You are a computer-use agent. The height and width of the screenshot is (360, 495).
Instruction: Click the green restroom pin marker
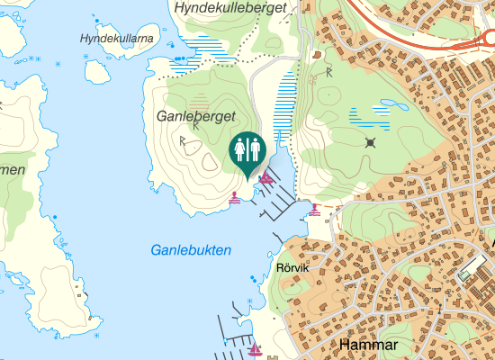coord(247,151)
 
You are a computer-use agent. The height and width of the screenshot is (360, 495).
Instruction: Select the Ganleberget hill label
coord(195,117)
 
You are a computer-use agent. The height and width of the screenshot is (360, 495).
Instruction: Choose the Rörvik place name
coord(292,268)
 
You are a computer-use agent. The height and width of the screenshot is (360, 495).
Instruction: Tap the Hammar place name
coord(368,344)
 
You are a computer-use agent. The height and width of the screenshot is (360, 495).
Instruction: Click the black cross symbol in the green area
coord(370,143)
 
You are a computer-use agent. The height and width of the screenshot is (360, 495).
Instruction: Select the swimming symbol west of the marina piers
coord(235,197)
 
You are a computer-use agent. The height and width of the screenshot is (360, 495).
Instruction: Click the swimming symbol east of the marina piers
coord(314,210)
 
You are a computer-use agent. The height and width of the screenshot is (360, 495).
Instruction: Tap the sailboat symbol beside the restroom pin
coord(266,180)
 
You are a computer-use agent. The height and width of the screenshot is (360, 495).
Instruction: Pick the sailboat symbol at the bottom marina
coord(255,349)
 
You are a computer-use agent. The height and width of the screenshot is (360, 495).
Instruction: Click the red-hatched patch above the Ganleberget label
coord(199,101)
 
